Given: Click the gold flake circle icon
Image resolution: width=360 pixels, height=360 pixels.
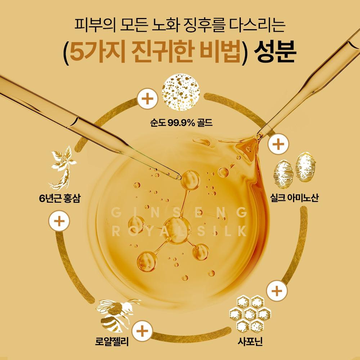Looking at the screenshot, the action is coord(181,92).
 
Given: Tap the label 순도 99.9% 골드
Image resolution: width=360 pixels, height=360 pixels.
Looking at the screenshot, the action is coord(181,123).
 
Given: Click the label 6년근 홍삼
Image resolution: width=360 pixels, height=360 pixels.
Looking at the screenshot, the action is coord(59,198).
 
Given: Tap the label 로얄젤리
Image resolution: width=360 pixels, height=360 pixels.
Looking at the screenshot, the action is coord(112,341).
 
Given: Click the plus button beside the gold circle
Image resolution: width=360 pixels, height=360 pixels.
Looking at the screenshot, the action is coord(147,99).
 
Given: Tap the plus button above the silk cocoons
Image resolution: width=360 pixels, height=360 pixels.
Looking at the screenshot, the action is coord(278,144).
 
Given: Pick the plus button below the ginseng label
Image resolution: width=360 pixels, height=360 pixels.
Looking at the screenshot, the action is coord(59,221).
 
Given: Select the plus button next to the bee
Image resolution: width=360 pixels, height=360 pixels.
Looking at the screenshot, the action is coord(142,331).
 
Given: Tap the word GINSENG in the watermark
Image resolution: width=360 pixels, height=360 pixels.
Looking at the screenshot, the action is coord(179,213).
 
